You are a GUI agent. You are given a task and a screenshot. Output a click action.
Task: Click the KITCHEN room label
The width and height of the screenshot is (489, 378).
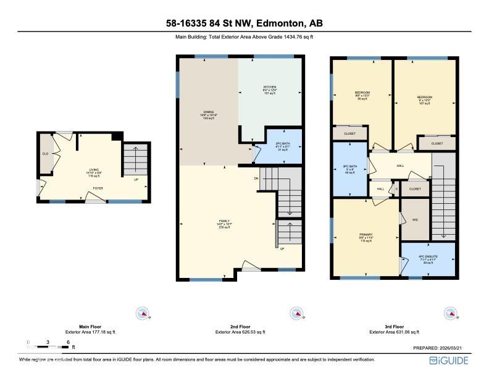click(270, 87)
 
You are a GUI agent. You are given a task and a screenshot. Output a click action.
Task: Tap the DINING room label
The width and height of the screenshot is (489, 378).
click(209, 112)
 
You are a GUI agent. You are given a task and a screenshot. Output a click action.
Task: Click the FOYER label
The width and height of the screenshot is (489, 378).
click(98, 188)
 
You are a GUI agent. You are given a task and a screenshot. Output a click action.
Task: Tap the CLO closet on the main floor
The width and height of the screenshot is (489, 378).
click(45, 154)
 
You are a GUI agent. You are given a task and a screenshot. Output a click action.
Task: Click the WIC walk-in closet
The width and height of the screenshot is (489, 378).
click(415, 219)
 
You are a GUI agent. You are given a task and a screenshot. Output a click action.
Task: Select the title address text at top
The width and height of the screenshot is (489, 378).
click(244, 23)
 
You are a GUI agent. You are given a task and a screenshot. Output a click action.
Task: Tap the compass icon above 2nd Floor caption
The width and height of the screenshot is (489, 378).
click(296, 314)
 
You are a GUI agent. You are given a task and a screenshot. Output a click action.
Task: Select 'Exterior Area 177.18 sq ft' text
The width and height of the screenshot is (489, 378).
click(90, 332)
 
